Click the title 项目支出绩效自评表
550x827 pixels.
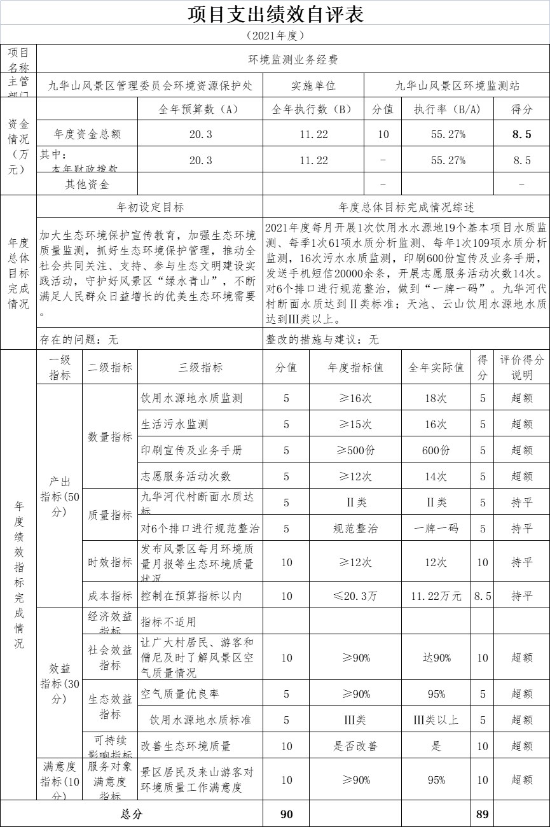click(275, 14)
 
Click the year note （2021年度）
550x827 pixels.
click(275, 35)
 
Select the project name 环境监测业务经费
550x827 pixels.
click(292, 60)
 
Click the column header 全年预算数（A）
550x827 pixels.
click(200, 109)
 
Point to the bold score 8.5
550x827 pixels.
click(521, 134)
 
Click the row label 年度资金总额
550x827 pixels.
click(87, 134)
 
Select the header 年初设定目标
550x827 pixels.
click(150, 207)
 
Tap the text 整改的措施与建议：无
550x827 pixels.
click(322, 340)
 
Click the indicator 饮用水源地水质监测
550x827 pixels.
click(192, 398)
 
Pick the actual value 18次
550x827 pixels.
click(436, 398)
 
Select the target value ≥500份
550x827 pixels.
click(355, 450)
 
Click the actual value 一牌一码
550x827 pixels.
click(436, 529)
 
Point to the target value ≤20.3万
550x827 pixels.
click(355, 596)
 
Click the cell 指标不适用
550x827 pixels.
click(168, 622)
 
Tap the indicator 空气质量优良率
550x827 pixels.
click(180, 694)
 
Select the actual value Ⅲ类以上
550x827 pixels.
click(436, 720)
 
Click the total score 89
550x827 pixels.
click(483, 814)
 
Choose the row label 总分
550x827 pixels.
click(132, 814)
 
